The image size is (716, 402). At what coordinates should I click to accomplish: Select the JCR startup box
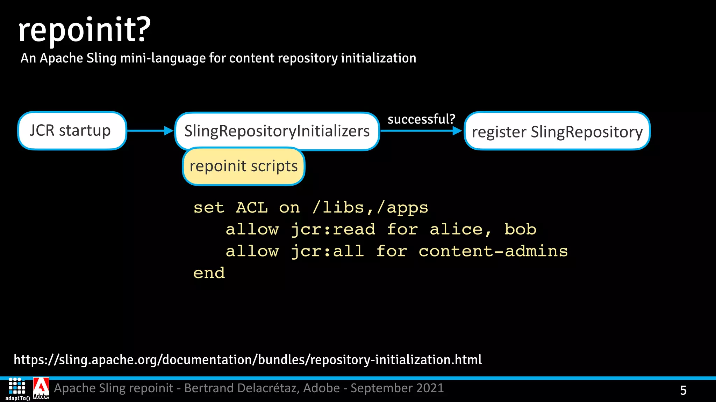[x=72, y=131]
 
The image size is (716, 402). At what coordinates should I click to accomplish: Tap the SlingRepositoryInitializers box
[x=277, y=131]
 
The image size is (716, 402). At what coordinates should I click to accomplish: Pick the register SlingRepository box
[x=557, y=132]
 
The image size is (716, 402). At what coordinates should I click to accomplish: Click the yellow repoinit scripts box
[x=244, y=166]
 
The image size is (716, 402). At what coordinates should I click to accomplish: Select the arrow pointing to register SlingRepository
[x=421, y=131]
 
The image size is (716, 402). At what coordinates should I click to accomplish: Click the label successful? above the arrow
[x=421, y=119]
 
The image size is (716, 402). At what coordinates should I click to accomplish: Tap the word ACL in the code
[x=252, y=208]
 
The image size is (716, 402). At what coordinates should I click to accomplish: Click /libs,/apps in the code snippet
[x=370, y=208]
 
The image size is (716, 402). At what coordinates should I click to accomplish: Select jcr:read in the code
[x=333, y=230]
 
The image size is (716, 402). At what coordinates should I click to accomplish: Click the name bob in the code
[x=520, y=230]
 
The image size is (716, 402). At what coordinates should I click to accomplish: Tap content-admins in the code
[x=493, y=251]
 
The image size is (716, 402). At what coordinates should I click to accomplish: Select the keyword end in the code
[x=209, y=273]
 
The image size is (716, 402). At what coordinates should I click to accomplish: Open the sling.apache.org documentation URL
[x=248, y=360]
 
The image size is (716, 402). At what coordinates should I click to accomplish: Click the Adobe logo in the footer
[x=41, y=388]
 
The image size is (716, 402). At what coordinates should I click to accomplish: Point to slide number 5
[x=683, y=390]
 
